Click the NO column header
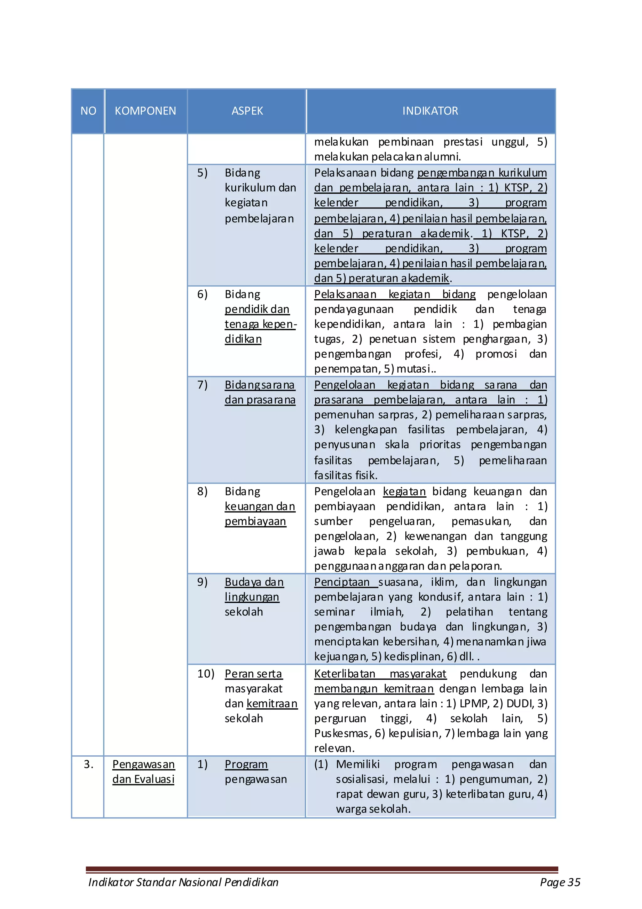(88, 111)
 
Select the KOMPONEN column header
(145, 111)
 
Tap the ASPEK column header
(247, 111)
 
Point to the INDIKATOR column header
(430, 111)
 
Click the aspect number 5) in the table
(202, 173)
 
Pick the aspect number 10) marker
(205, 674)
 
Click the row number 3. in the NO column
(88, 764)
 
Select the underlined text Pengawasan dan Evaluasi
(143, 772)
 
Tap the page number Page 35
(560, 882)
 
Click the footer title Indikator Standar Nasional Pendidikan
(183, 882)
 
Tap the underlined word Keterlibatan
(345, 674)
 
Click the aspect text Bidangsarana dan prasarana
(260, 392)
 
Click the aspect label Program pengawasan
(255, 772)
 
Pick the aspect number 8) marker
(202, 492)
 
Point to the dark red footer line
(322, 869)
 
